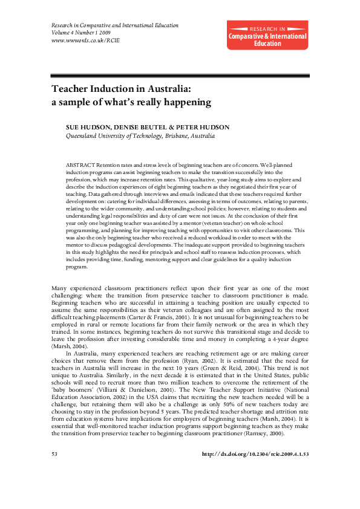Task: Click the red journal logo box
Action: pyautogui.click(x=267, y=34)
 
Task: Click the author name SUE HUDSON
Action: pyautogui.click(x=87, y=128)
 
